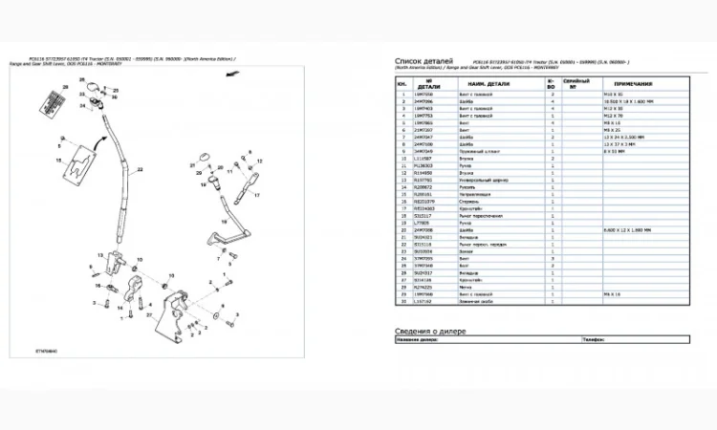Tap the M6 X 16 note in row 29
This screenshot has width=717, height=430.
613,293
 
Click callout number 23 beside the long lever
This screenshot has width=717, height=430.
140,169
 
